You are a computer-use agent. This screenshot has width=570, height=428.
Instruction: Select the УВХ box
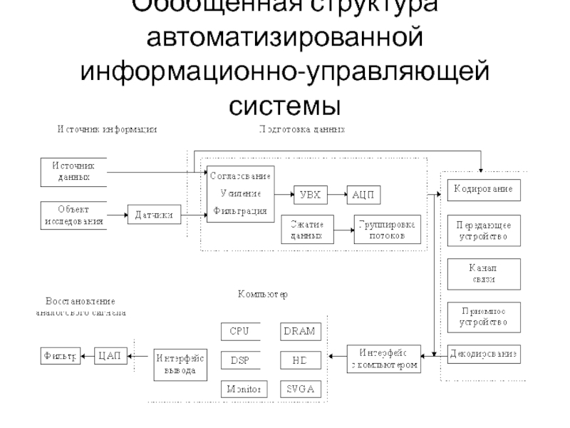309,193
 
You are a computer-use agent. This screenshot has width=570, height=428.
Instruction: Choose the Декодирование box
484,352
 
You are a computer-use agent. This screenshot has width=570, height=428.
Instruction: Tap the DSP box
240,360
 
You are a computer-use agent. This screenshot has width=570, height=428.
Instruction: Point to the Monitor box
242,389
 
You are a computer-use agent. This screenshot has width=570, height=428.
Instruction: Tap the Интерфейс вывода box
181,365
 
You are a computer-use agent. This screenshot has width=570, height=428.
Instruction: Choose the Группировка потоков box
388,230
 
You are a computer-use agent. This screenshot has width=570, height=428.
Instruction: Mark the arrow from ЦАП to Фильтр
88,355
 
